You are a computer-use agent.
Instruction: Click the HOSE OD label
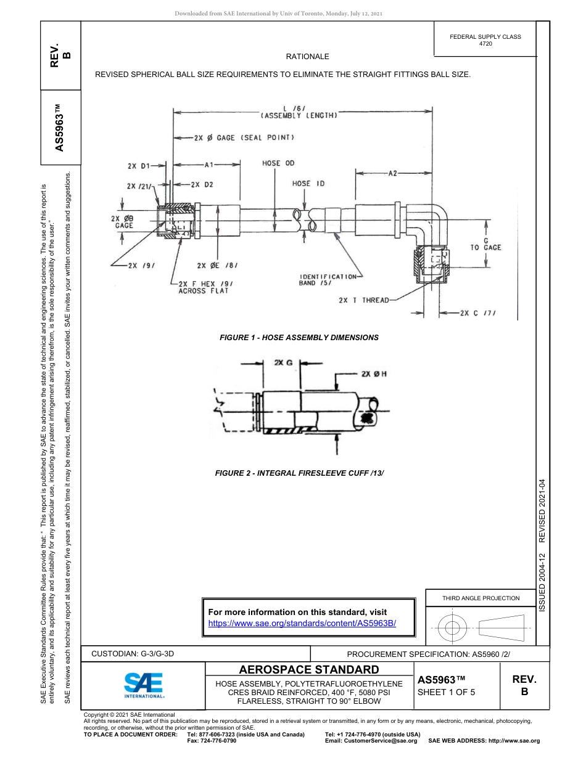tap(278, 163)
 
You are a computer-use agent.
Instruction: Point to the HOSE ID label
tap(308, 184)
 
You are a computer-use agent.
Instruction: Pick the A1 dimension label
tap(209, 165)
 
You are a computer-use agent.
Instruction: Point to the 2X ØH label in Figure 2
tap(373, 373)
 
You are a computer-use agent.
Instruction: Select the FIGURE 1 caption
tap(299, 338)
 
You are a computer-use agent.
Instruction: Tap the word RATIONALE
tap(307, 57)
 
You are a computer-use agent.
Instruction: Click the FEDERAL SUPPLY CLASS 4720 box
tap(485, 40)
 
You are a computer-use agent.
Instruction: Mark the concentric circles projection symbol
tap(453, 629)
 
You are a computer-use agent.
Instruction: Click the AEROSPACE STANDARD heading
tap(309, 670)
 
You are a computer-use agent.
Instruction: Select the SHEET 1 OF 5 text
tap(447, 692)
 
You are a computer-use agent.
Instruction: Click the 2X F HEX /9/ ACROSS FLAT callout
tap(203, 287)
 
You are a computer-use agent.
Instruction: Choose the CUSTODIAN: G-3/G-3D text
tap(137, 653)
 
